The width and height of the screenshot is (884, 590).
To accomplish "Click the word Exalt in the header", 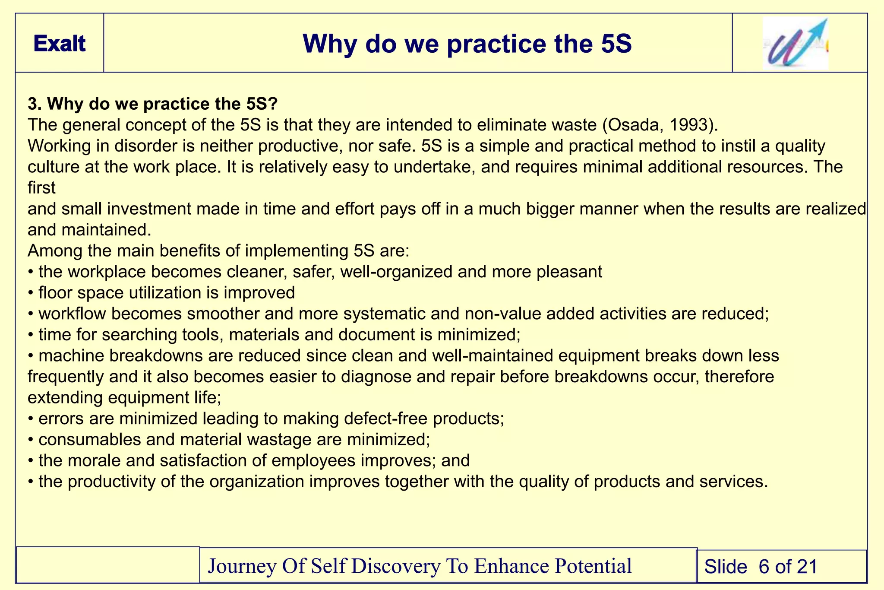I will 60,44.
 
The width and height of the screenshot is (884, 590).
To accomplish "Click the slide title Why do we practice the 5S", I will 467,44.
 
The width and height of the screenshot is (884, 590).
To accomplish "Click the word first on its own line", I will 41,188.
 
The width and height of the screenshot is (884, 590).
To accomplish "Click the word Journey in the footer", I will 242,566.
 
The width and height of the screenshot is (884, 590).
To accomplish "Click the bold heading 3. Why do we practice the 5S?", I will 153,104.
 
